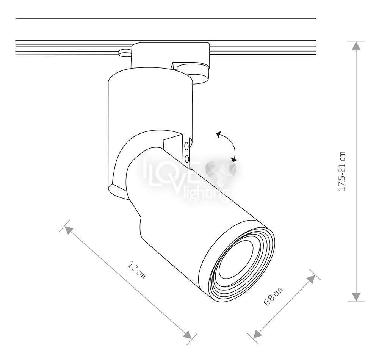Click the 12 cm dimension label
click(136, 270)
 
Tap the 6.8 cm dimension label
click(273, 296)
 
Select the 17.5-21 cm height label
click(342, 171)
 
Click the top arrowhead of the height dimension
click(356, 45)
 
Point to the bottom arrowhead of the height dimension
click(356, 297)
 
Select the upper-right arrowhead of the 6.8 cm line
click(311, 279)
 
